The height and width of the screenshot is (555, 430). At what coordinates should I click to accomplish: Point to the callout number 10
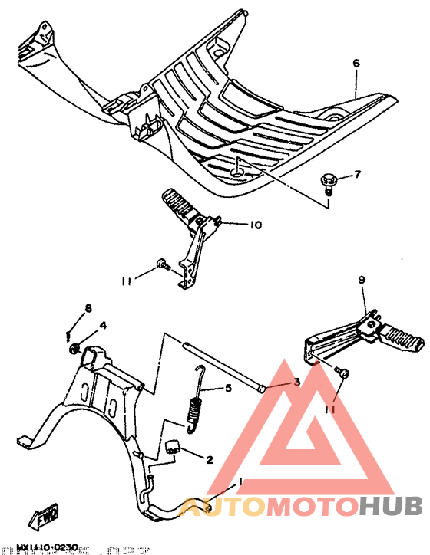(255, 225)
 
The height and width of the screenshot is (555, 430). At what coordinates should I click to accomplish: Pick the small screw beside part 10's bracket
(162, 264)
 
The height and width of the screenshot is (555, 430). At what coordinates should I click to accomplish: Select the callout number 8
(88, 309)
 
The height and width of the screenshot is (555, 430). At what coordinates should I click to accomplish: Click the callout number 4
(103, 325)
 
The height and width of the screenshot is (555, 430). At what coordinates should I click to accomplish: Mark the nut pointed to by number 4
(73, 350)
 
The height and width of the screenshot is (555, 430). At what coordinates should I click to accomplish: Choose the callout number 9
(360, 281)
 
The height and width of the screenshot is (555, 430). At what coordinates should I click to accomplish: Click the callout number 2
(208, 460)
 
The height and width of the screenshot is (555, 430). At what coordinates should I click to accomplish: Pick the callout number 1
(240, 481)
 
